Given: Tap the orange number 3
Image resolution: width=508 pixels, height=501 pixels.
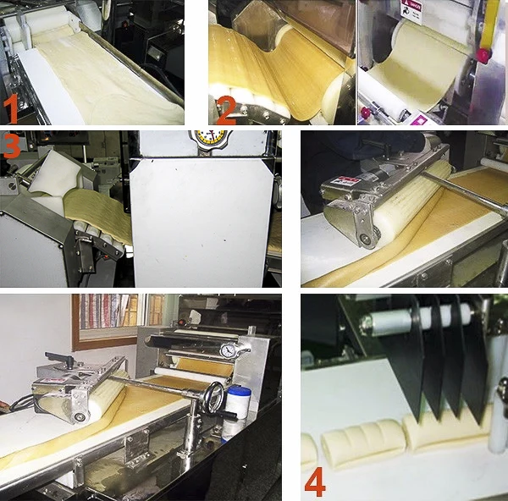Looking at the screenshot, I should click(x=11, y=146).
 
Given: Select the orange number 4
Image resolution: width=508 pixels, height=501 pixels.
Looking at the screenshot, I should click(x=315, y=483).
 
